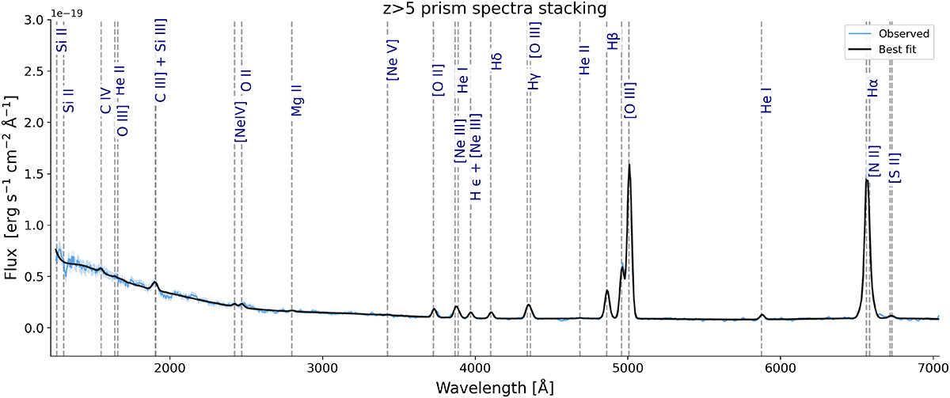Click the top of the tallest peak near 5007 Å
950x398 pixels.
tap(629, 165)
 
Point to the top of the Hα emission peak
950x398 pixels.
tap(867, 180)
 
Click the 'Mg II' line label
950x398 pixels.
tap(298, 101)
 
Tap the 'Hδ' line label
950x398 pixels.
tap(496, 63)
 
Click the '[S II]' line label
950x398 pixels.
tap(896, 168)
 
